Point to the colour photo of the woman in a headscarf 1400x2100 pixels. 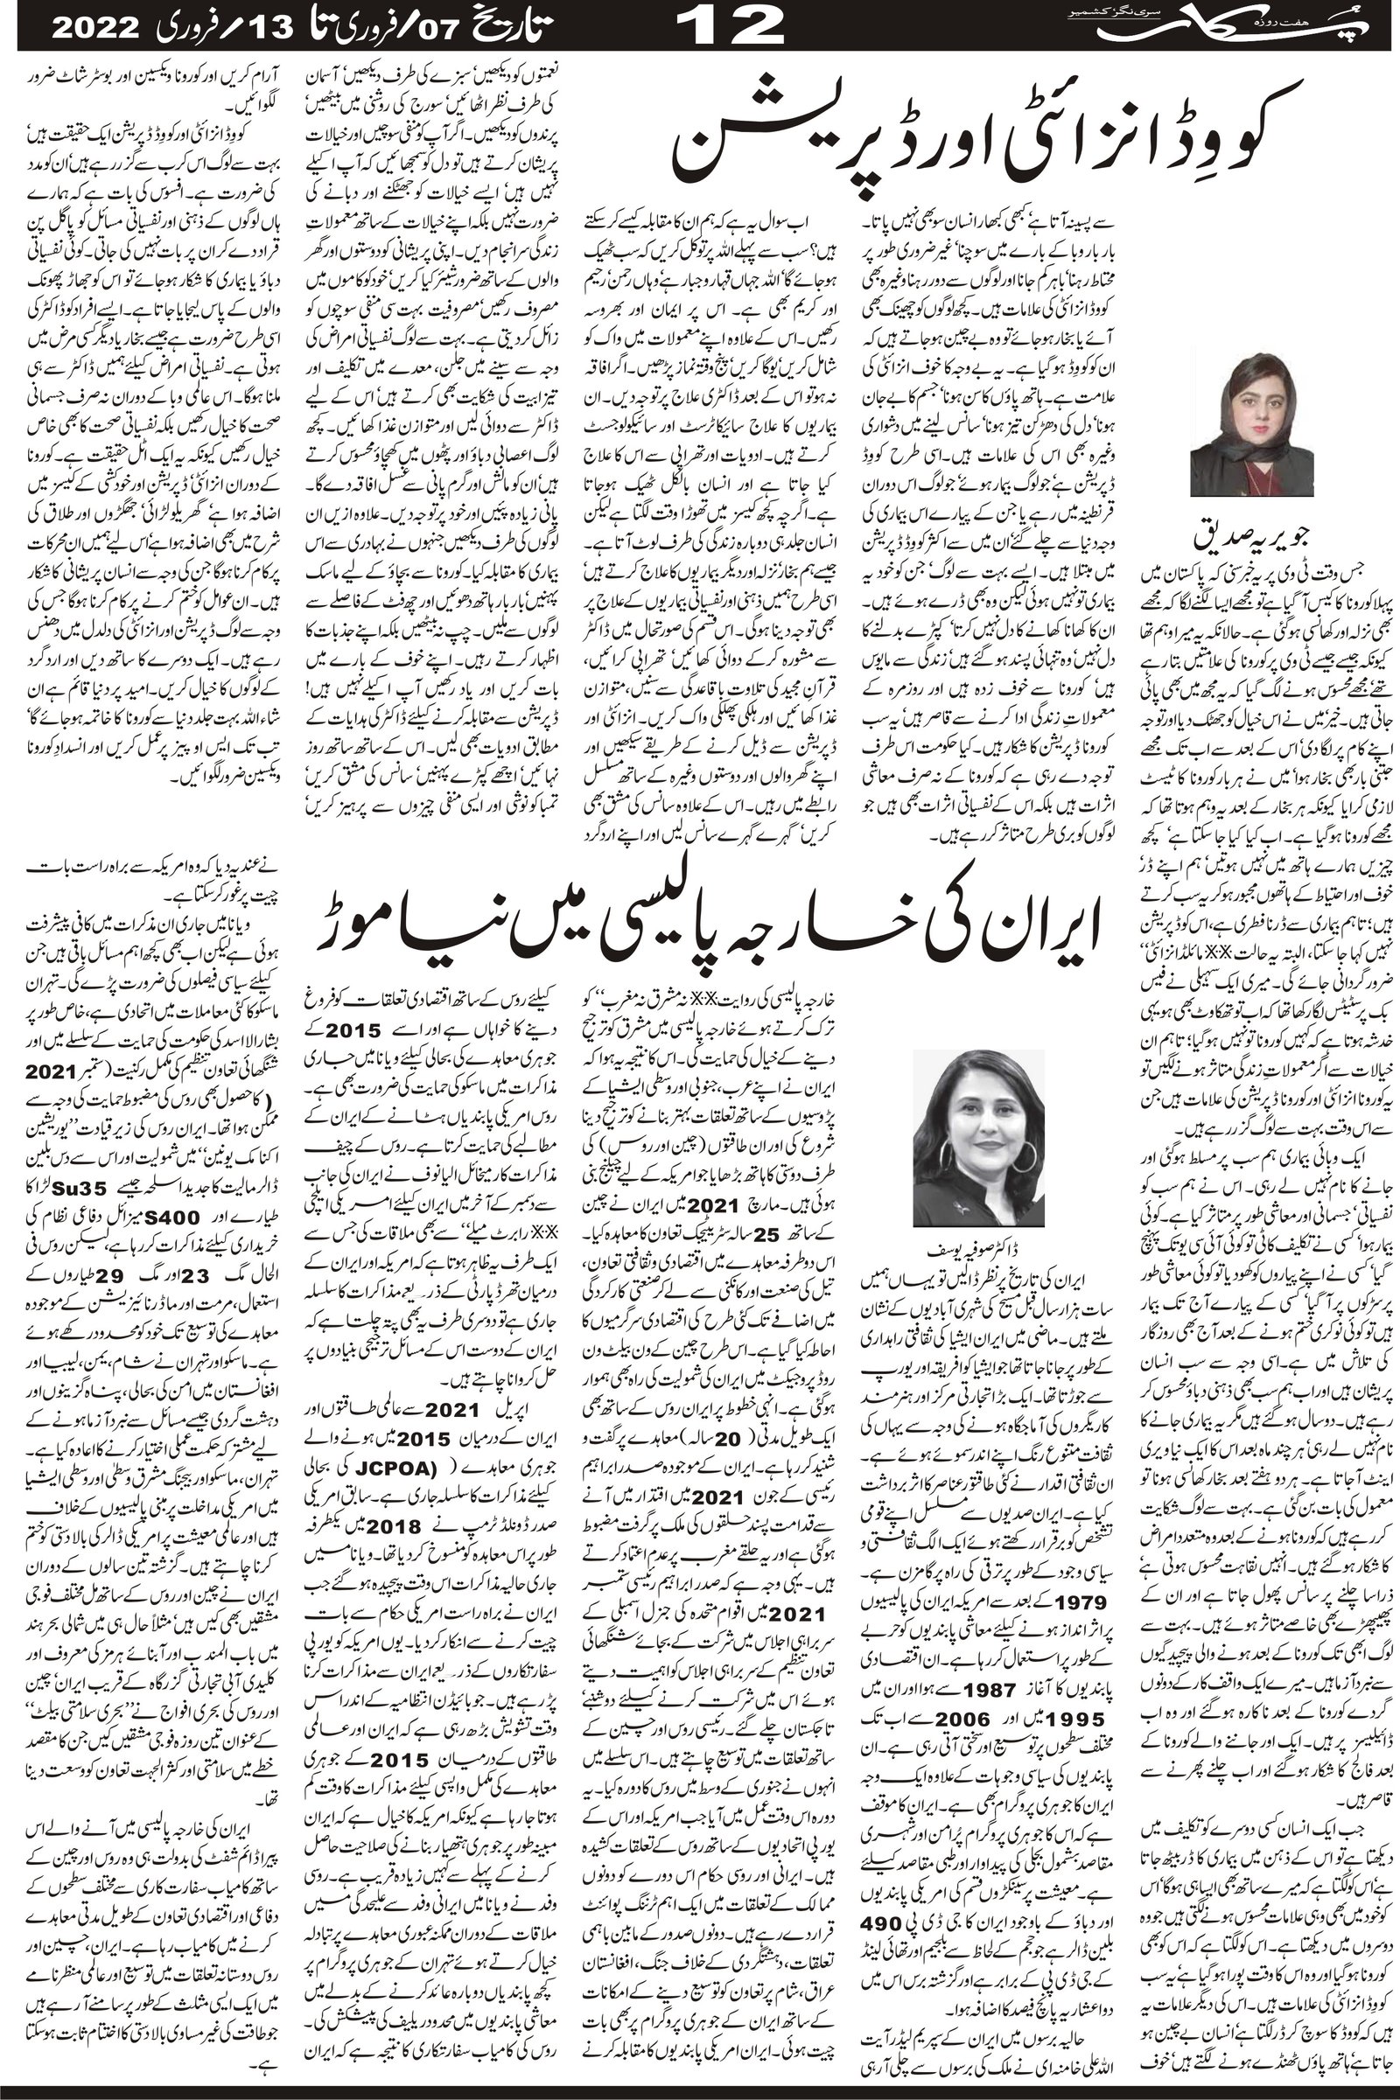pos(1252,423)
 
